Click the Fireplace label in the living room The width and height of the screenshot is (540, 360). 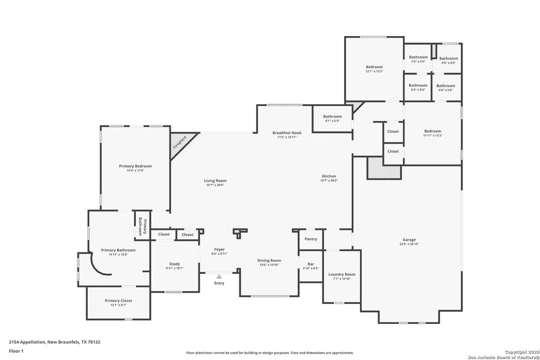click(179, 142)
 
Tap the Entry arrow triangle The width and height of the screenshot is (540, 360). click(219, 276)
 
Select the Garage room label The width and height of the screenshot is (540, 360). click(409, 240)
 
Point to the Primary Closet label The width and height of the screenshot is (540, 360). click(118, 301)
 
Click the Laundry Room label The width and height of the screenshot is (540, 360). click(342, 274)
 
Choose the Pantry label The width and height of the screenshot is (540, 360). click(310, 239)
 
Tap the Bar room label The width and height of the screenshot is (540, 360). click(310, 264)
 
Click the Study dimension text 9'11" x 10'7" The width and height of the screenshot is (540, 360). click(174, 268)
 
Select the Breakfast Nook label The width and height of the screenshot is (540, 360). click(287, 133)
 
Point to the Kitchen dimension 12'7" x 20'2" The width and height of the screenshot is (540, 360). click(329, 180)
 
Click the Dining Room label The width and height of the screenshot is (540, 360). click(269, 261)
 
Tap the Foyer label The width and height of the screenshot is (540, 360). click(219, 249)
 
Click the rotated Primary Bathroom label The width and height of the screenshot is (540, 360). click(143, 227)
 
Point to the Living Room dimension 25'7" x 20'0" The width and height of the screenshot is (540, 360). click(215, 185)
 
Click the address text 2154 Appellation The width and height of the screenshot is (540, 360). click(27, 342)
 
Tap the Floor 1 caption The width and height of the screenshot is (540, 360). click(16, 351)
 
